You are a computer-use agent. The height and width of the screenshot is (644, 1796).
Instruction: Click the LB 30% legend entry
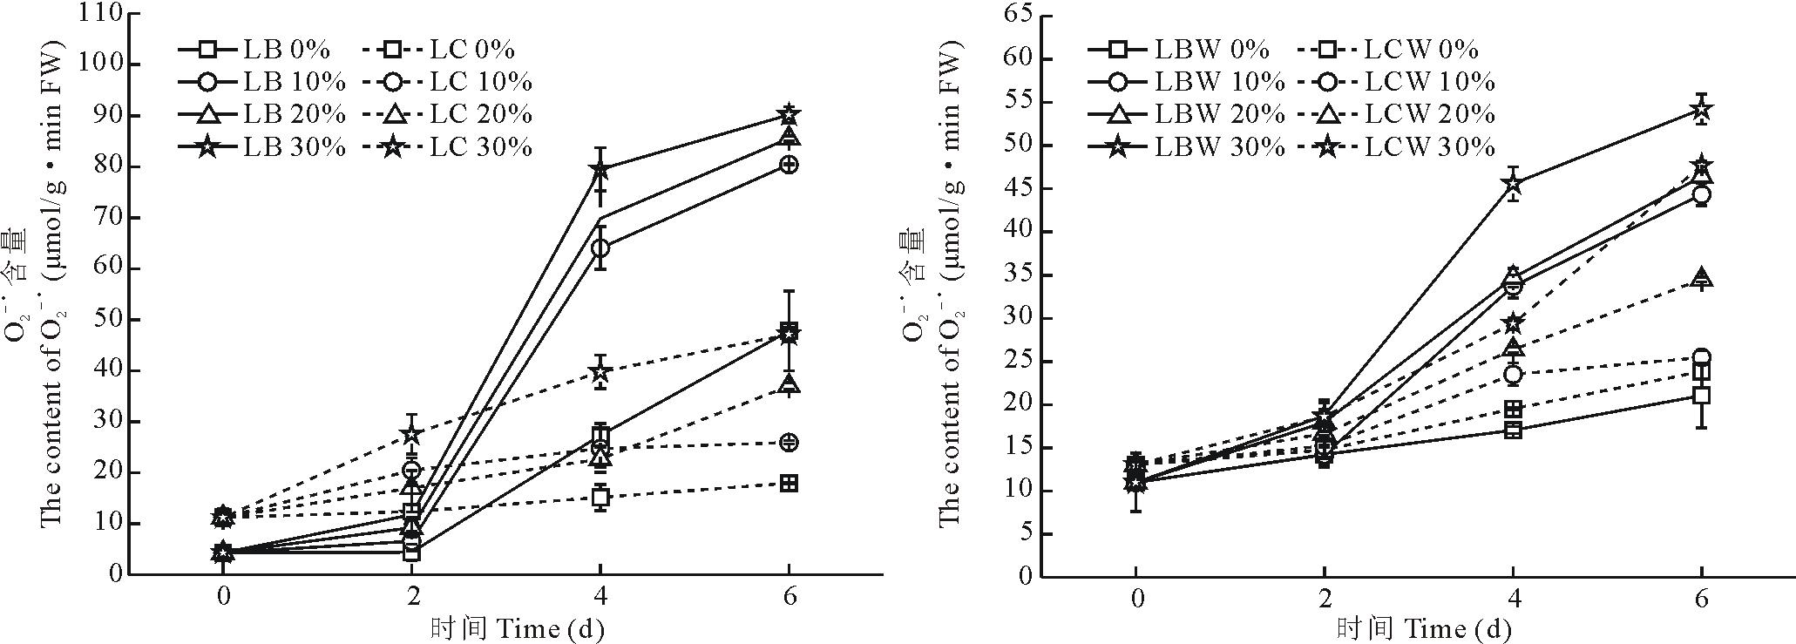tap(261, 146)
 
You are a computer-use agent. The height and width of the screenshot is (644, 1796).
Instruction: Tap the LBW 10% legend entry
tap(1185, 82)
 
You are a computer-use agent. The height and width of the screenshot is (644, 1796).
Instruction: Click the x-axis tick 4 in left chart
tap(600, 597)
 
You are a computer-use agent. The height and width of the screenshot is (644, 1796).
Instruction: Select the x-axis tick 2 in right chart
tap(1325, 599)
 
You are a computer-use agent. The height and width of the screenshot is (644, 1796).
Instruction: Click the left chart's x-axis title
tap(517, 628)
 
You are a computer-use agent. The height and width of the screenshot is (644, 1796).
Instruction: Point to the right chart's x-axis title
tap(1424, 628)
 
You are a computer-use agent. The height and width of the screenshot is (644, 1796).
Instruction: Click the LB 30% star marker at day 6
tap(789, 114)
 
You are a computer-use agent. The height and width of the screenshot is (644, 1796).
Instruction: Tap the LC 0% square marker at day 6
tap(789, 484)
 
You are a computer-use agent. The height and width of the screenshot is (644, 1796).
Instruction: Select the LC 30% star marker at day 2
tap(412, 434)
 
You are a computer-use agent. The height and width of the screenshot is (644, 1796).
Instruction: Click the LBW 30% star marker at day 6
tap(1701, 111)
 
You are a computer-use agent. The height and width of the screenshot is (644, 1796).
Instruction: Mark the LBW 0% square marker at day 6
tap(1701, 396)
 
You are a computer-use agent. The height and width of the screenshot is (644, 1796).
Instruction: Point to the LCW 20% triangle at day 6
tap(1701, 279)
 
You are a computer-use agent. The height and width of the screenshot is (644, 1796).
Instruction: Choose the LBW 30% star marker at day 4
tap(1513, 184)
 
